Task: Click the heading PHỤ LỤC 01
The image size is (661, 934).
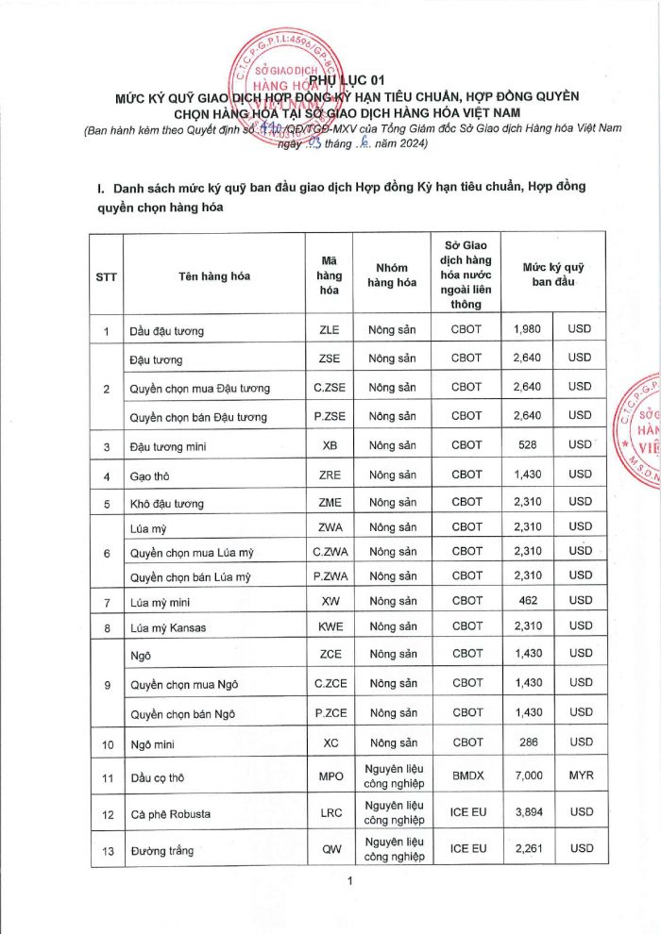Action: click(330, 79)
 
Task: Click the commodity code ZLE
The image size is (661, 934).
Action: click(330, 330)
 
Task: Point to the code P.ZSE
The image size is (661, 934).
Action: click(330, 416)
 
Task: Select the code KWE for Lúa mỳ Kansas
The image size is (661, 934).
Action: click(330, 626)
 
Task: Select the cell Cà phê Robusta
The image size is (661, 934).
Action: click(170, 813)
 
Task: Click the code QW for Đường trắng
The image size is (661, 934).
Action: click(330, 849)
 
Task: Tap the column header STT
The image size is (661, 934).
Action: click(107, 275)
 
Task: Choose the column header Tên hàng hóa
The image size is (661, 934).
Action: click(214, 275)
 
